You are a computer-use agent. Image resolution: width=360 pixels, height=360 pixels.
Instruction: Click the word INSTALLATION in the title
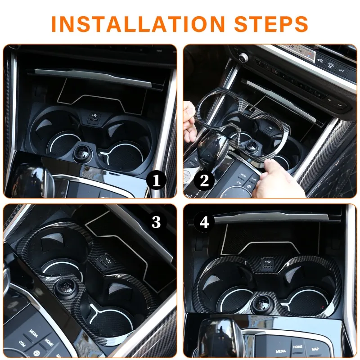tap(138, 24)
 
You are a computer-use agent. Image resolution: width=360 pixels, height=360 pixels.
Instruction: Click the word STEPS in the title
tap(271, 24)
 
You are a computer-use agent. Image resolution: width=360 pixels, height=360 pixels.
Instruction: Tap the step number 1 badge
tap(156, 181)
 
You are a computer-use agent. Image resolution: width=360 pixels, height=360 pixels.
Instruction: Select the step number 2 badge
tap(204, 180)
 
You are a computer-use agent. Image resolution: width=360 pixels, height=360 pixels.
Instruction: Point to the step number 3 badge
tap(156, 222)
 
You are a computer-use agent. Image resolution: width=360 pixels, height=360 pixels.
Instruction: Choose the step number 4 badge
tap(204, 222)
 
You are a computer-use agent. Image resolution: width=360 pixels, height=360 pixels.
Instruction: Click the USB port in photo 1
tap(94, 119)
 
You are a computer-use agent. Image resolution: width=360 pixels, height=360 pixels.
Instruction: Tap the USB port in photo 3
tap(104, 262)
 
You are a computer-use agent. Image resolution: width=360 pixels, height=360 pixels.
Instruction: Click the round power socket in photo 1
tap(83, 153)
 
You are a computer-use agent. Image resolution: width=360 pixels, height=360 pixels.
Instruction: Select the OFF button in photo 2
tap(342, 70)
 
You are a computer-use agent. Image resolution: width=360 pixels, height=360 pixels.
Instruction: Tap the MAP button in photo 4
tap(315, 349)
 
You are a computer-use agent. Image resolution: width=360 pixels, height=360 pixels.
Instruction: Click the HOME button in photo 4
tap(297, 346)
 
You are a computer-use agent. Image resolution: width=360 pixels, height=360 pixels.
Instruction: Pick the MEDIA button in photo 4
tap(280, 351)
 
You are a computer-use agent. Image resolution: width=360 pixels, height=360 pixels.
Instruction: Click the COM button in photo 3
tap(22, 343)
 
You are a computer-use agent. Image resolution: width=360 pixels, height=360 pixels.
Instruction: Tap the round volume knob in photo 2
tap(243, 58)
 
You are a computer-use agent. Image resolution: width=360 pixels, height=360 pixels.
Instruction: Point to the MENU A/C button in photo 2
tap(330, 65)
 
